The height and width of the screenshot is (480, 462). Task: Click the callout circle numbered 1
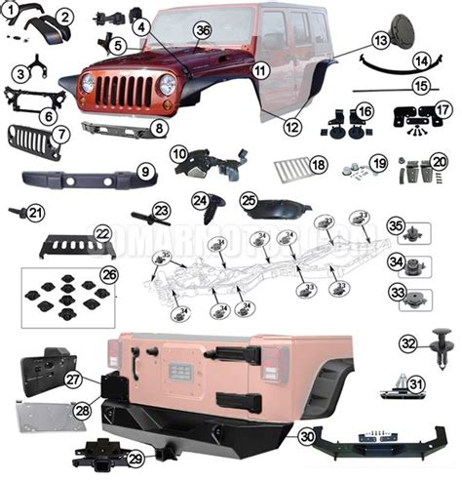[x=10, y=10]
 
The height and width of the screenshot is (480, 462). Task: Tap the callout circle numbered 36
[x=203, y=31]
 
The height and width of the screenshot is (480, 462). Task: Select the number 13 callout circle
[x=380, y=40]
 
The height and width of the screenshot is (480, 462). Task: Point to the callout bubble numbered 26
[x=108, y=274]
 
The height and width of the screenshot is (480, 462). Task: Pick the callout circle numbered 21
[x=36, y=212]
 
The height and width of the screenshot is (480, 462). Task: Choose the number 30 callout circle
[x=307, y=437]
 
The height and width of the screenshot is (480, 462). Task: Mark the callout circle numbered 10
[x=179, y=153]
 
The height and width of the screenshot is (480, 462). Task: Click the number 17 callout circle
[x=442, y=109]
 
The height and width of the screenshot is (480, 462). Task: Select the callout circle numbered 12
[x=292, y=125]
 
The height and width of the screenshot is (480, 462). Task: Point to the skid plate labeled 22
[x=73, y=243]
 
